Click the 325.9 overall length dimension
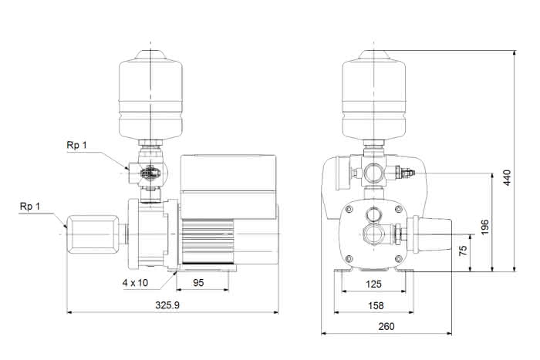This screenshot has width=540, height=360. tap(167, 305)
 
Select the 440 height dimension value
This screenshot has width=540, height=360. tap(508, 177)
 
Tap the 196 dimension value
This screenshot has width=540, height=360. tap(484, 227)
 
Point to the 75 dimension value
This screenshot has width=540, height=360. tap(464, 251)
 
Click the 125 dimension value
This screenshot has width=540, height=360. tap(373, 284)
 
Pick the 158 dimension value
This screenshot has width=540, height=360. tap(376, 305)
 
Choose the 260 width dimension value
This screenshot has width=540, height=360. tap(386, 326)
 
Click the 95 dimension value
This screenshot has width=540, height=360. tap(198, 283)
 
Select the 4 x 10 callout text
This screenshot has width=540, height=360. tap(135, 283)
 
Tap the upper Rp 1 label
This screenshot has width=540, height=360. tap(77, 145)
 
